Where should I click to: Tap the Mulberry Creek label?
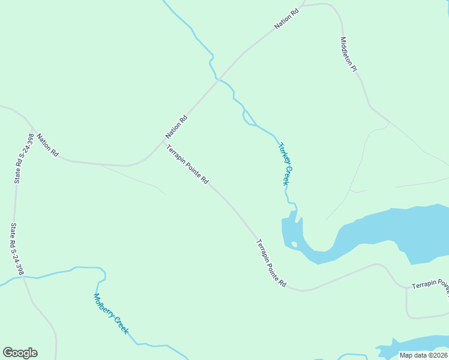tap(110, 314)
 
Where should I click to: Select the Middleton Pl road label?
tap(349, 55)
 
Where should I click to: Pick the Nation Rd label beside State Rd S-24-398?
tap(47, 145)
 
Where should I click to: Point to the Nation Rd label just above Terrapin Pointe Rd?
tap(177, 127)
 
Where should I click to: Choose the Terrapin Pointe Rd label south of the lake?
tap(271, 263)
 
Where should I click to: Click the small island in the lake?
tap(294, 244)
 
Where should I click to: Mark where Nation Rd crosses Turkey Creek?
tap(219, 79)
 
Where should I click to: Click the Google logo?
tap(20, 353)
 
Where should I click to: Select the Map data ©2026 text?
tap(423, 355)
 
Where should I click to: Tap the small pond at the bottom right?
tap(414, 345)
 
